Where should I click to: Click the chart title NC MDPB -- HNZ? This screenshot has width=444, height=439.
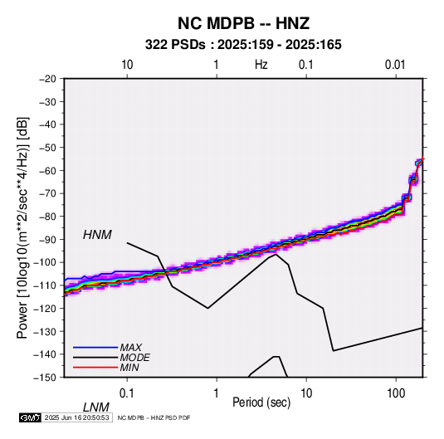pyautogui.click(x=243, y=23)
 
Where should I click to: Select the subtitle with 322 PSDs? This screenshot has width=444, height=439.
pyautogui.click(x=243, y=45)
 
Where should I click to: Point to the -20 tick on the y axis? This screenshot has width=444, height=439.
pyautogui.click(x=47, y=79)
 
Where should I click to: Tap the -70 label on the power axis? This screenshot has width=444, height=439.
pyautogui.click(x=47, y=193)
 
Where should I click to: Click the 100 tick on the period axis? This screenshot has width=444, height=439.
pyautogui.click(x=396, y=393)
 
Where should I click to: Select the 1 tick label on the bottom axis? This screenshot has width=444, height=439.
pyautogui.click(x=217, y=393)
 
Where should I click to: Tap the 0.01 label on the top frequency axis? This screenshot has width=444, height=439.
pyautogui.click(x=395, y=65)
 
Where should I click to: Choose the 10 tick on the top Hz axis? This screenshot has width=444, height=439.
pyautogui.click(x=127, y=65)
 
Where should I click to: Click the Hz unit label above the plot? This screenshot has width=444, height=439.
pyautogui.click(x=261, y=65)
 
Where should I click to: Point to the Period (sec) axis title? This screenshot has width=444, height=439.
pyautogui.click(x=261, y=402)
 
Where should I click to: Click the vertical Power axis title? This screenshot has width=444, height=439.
pyautogui.click(x=22, y=228)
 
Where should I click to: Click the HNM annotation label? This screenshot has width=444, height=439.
pyautogui.click(x=97, y=235)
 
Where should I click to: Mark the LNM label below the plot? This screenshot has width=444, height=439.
pyautogui.click(x=96, y=407)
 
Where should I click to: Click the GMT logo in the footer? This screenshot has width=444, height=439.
pyautogui.click(x=31, y=417)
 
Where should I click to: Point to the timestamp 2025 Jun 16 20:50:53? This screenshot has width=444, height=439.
pyautogui.click(x=76, y=417)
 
